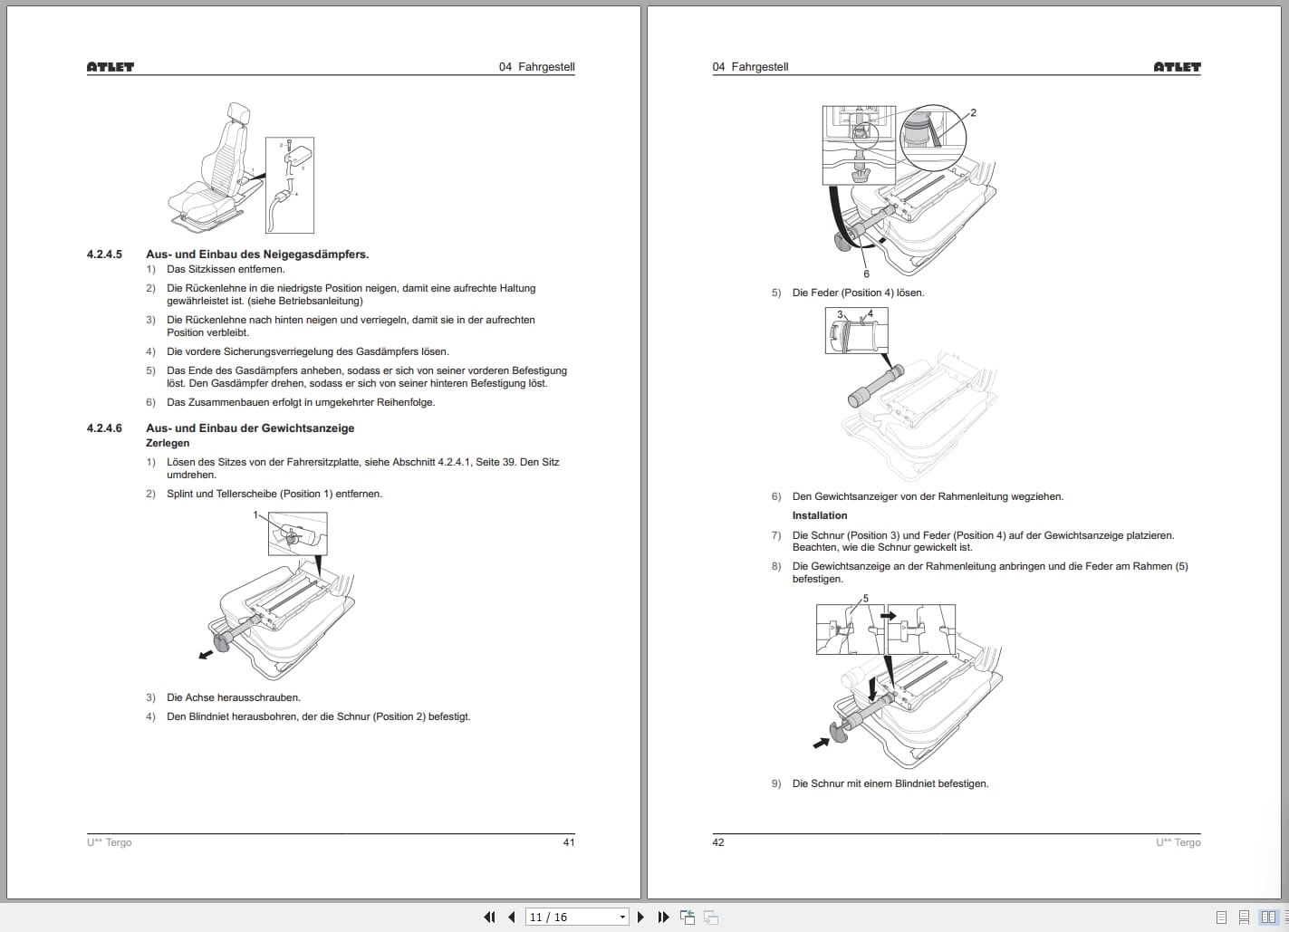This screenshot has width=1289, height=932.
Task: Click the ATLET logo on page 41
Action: [110, 67]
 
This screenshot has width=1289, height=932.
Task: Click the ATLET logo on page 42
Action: [1177, 67]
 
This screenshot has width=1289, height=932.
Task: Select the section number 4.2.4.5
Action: [104, 255]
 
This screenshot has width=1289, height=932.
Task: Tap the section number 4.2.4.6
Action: [104, 428]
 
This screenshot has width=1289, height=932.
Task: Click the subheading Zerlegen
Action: [168, 444]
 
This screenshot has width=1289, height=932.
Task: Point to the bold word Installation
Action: [820, 515]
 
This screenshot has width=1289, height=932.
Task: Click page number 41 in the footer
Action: [569, 842]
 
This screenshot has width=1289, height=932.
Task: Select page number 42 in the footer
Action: [718, 842]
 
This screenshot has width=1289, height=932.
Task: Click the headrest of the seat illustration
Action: [240, 112]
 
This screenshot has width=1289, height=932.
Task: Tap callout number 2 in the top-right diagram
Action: [973, 113]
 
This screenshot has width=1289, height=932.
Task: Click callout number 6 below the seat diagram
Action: [866, 274]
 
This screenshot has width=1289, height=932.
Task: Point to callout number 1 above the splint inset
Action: [255, 514]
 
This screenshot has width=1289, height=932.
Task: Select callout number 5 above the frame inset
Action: [865, 599]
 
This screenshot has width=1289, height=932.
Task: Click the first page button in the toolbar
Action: [489, 918]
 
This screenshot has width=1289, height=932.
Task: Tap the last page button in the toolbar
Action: [663, 918]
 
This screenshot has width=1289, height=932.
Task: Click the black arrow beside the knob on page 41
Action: [207, 653]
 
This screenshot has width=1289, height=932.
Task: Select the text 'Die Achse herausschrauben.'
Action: [234, 697]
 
